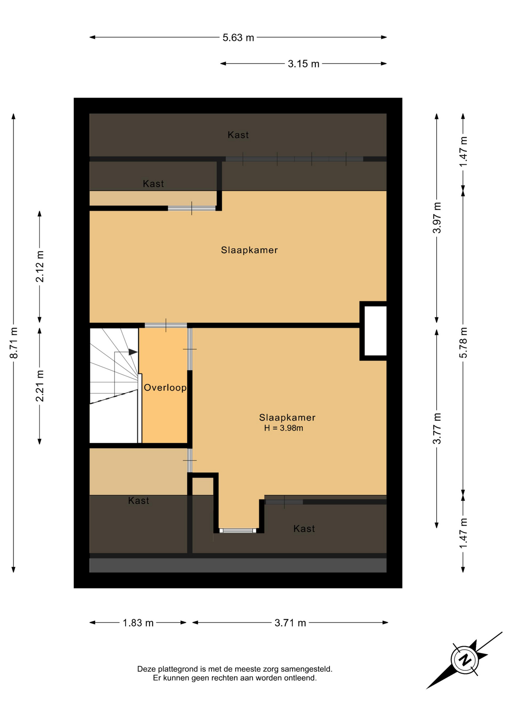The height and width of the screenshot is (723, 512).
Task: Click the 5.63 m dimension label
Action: (x=238, y=38)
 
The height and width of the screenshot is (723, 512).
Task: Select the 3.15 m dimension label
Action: (x=304, y=64)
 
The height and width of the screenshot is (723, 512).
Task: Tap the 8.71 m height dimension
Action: (x=14, y=343)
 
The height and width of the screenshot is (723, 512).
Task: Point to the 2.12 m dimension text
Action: (x=40, y=266)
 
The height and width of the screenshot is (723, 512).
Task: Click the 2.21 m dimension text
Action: (x=40, y=386)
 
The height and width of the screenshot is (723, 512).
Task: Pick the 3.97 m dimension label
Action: (x=437, y=218)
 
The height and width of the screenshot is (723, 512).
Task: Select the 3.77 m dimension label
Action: (x=437, y=429)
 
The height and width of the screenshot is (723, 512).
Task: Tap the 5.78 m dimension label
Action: (x=463, y=343)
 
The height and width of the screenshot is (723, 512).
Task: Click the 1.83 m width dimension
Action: (x=138, y=623)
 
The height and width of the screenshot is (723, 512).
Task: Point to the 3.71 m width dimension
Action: (x=290, y=623)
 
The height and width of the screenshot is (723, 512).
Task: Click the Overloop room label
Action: (x=165, y=387)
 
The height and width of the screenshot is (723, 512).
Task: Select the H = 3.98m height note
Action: (x=284, y=428)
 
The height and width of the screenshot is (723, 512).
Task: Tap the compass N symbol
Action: (x=465, y=660)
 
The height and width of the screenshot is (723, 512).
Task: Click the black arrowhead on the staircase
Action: (x=133, y=352)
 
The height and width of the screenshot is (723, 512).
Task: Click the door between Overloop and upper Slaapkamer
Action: (x=166, y=325)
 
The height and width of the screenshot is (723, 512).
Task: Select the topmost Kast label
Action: (x=238, y=135)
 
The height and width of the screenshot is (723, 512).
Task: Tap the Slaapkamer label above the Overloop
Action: (x=249, y=250)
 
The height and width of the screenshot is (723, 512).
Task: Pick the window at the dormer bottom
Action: (x=238, y=531)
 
